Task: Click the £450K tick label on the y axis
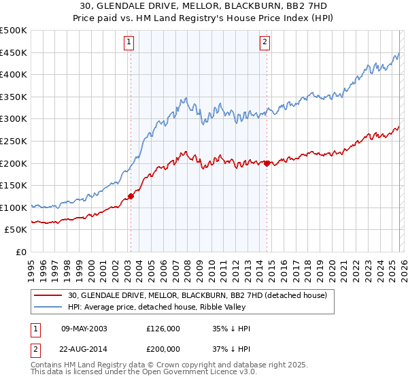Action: [14, 52]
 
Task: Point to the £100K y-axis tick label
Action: [14, 208]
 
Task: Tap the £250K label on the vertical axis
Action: [14, 141]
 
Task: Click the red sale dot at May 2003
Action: [130, 197]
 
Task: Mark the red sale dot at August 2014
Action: [267, 163]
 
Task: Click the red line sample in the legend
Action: [48, 295]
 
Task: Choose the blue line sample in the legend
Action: [48, 307]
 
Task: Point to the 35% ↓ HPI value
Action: [231, 329]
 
